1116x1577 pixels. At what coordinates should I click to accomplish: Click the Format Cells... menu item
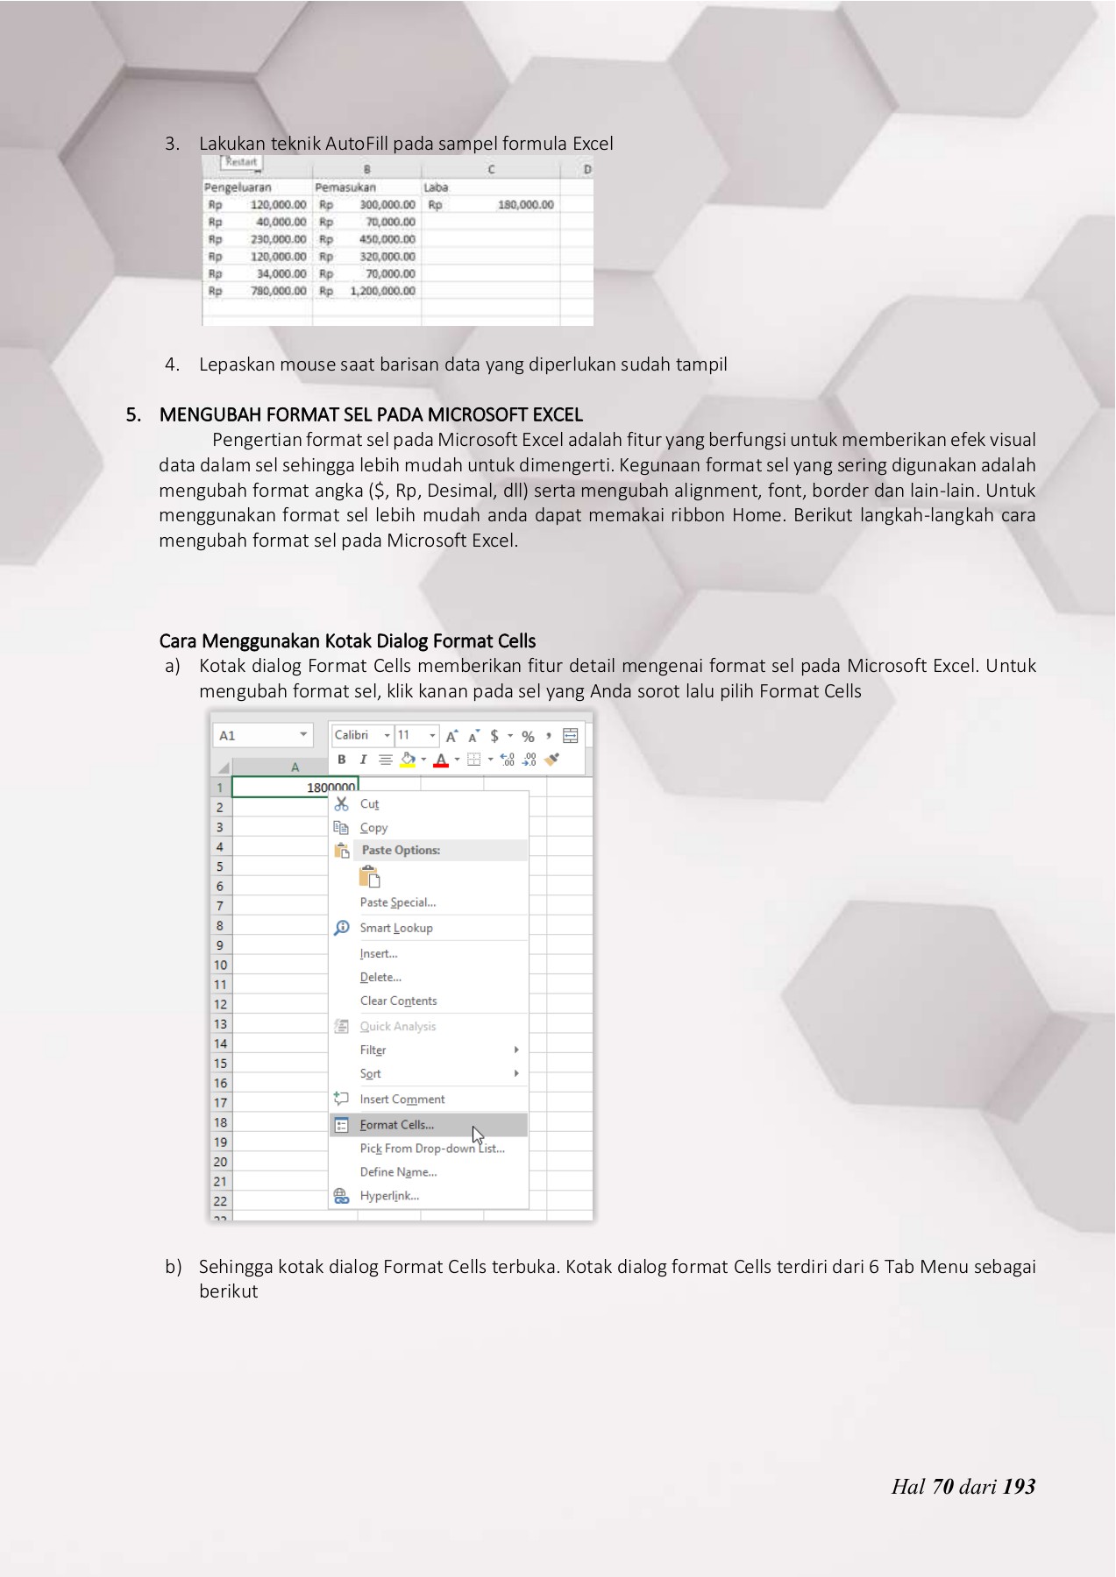point(397,1125)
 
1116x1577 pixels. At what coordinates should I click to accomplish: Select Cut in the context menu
point(369,804)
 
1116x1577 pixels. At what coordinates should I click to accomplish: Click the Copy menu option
point(373,828)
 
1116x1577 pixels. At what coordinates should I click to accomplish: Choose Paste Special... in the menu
point(397,902)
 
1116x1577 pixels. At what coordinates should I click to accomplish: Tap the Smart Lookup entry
point(396,928)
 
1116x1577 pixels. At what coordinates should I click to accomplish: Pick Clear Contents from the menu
point(398,1001)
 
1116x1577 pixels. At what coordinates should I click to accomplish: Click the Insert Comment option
point(402,1100)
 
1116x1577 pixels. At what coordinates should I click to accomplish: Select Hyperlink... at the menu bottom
point(389,1196)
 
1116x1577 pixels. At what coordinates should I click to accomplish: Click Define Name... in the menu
point(398,1172)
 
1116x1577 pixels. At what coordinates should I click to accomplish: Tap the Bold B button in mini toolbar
point(342,760)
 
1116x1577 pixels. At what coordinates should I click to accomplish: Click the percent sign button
point(528,736)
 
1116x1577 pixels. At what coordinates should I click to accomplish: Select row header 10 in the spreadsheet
point(220,965)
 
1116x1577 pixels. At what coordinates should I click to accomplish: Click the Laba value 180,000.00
point(525,205)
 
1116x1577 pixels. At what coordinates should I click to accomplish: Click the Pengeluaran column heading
point(238,187)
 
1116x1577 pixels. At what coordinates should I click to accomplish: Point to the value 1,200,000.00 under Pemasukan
point(382,291)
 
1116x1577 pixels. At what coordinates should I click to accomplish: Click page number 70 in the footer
point(942,1487)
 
